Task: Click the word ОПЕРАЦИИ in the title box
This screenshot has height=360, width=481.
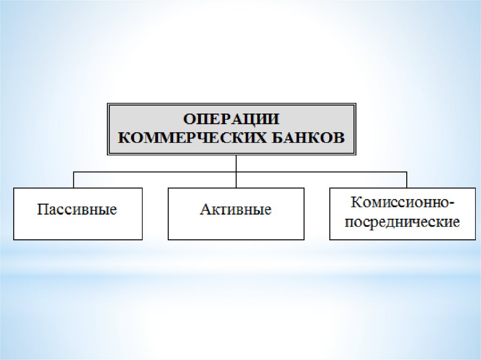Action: (x=231, y=119)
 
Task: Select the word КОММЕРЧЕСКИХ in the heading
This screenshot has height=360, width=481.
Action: (x=192, y=138)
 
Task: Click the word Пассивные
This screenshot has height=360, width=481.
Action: (x=77, y=210)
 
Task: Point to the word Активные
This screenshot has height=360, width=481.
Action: (x=236, y=210)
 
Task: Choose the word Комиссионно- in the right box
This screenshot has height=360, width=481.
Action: (x=403, y=202)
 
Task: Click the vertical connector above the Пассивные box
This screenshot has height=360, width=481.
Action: (x=74, y=180)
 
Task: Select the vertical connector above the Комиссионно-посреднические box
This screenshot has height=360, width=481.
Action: (x=407, y=180)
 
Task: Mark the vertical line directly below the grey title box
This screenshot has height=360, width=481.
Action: (x=236, y=171)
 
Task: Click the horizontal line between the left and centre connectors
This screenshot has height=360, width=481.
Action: (x=155, y=172)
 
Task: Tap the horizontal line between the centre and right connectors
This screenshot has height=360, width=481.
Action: (x=321, y=172)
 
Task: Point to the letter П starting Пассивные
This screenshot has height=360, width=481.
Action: (x=42, y=209)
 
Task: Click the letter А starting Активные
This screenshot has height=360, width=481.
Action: (x=205, y=209)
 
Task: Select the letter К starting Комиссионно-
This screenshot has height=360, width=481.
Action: (x=356, y=202)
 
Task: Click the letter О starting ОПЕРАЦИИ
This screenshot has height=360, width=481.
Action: (x=189, y=119)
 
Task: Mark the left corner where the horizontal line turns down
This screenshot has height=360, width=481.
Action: (x=74, y=172)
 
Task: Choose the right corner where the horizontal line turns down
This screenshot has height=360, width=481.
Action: (x=407, y=172)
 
